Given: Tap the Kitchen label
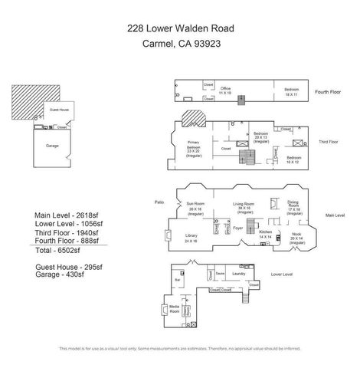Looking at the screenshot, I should pyautogui.click(x=265, y=233).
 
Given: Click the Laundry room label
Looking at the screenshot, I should pyautogui.click(x=238, y=273).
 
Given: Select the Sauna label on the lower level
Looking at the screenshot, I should pyautogui.click(x=219, y=273).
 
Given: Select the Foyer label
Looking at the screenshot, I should pyautogui.click(x=237, y=228).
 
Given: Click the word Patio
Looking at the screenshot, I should pyautogui.click(x=159, y=202).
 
